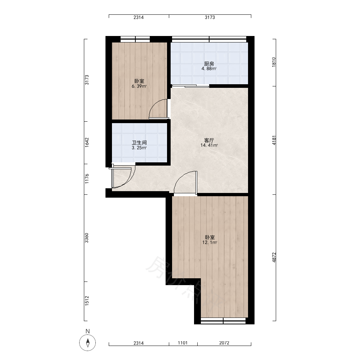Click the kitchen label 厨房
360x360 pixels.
click(x=209, y=64)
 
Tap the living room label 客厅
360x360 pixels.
click(x=209, y=140)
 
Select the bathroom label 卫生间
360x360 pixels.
click(x=139, y=143)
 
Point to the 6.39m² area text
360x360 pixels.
click(x=139, y=86)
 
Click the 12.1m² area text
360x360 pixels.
click(x=210, y=242)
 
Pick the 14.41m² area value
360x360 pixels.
click(x=209, y=145)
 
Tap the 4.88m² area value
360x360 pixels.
click(x=209, y=69)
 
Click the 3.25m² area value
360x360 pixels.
click(x=139, y=148)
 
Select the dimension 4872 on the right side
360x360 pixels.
click(x=274, y=257)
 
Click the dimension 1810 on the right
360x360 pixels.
click(x=274, y=62)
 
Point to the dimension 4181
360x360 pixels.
click(x=274, y=140)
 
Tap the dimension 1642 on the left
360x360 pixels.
click(x=87, y=143)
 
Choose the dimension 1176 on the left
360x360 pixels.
click(x=87, y=179)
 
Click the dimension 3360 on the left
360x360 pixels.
click(x=87, y=238)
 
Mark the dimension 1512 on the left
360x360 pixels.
click(x=87, y=301)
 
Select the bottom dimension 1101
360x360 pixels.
click(x=183, y=343)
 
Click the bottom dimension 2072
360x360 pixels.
click(x=224, y=343)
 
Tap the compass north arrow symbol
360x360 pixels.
click(x=87, y=343)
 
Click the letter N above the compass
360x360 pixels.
click(x=87, y=331)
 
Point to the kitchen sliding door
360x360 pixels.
click(x=190, y=86)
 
